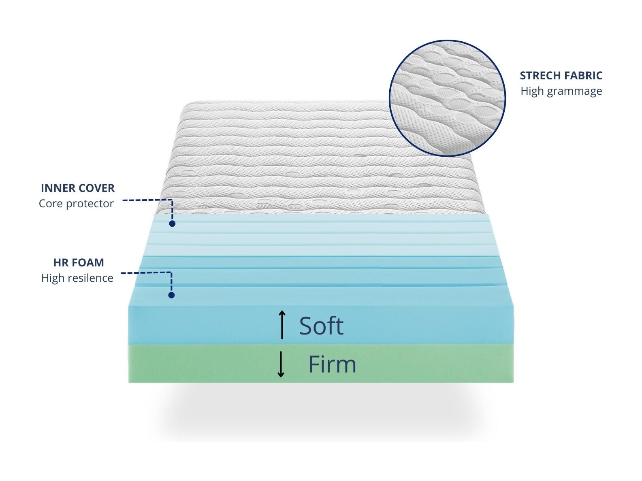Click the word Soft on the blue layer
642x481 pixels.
(321, 326)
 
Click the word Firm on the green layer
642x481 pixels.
(332, 364)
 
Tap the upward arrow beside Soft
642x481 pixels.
(282, 324)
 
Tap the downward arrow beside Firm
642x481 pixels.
(281, 364)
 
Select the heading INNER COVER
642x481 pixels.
(78, 188)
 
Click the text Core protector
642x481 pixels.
(76, 204)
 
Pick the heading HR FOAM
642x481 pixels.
(79, 262)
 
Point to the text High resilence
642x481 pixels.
(77, 278)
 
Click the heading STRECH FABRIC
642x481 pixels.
(561, 76)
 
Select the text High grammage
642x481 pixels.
(561, 91)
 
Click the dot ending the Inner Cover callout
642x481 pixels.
(172, 223)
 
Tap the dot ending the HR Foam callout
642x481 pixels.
(171, 295)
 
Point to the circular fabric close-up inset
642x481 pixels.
(447, 98)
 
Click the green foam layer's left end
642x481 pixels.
(129, 364)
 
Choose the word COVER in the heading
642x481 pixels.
(96, 188)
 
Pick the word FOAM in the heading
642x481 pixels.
(89, 262)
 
